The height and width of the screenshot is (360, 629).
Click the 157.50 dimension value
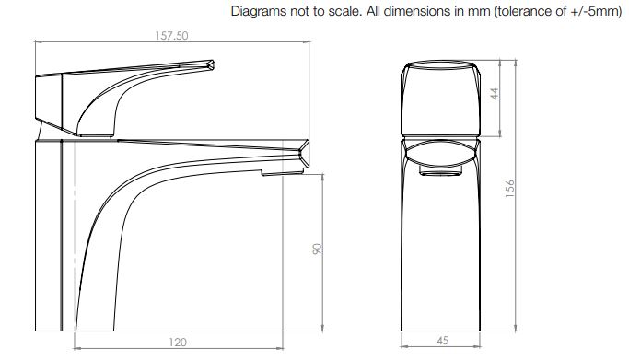click(171, 36)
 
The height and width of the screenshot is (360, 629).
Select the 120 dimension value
click(178, 342)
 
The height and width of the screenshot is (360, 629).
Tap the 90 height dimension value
click(317, 249)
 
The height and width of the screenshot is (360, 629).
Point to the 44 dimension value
click(495, 94)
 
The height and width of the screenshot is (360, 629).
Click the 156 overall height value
click(509, 189)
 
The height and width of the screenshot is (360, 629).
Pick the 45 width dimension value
click(442, 340)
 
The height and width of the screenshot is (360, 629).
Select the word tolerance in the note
click(526, 11)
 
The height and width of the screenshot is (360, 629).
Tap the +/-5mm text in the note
click(595, 11)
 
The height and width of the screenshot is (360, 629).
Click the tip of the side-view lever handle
click(213, 64)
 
